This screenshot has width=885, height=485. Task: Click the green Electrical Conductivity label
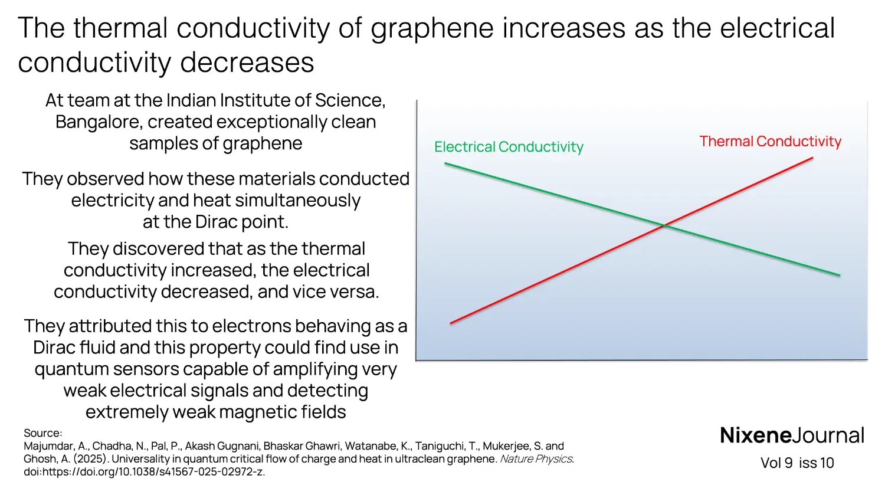click(x=509, y=147)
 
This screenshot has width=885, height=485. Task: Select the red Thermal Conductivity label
click(x=770, y=142)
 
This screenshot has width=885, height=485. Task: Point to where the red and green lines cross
click(x=664, y=225)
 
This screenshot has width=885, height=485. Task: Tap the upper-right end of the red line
click(x=812, y=158)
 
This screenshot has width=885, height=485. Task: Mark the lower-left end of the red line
click(x=451, y=323)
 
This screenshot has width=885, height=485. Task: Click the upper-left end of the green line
click(x=445, y=163)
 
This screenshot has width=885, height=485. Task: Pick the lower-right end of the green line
click(x=839, y=275)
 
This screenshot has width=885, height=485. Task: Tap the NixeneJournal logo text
click(x=792, y=435)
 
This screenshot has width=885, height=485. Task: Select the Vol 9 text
click(x=776, y=463)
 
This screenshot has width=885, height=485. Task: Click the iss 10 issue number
click(x=817, y=463)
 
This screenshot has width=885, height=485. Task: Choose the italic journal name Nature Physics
click(x=536, y=459)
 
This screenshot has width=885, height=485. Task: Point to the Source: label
click(x=42, y=433)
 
